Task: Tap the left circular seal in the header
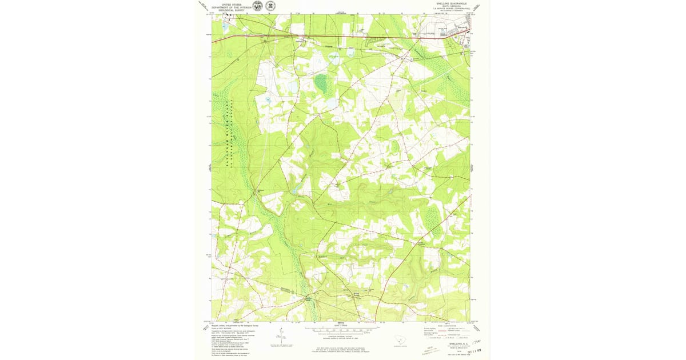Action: coord(258,6)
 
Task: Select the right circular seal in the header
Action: coord(269,6)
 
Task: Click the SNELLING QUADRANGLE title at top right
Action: coord(452,3)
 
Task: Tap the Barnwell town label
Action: coord(462,27)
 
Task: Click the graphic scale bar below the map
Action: coord(342,330)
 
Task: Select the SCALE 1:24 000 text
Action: coord(342,326)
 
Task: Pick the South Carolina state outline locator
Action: coord(405,340)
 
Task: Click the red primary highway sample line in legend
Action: coord(437,329)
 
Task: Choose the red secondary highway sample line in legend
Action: coord(437,331)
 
